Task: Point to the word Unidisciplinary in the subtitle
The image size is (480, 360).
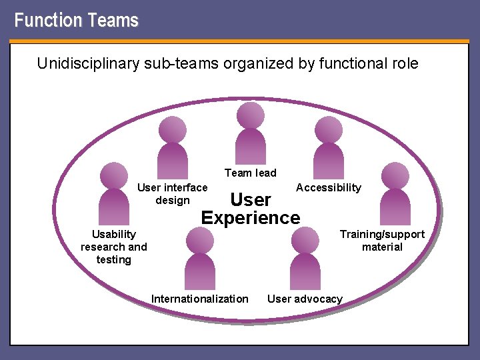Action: click(x=86, y=64)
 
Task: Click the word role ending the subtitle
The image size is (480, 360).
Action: click(x=403, y=64)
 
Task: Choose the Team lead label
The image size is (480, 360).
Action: click(x=250, y=173)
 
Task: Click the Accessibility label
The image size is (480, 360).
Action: click(x=329, y=188)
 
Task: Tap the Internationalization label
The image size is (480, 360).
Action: click(x=200, y=299)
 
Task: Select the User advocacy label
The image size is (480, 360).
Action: click(x=305, y=299)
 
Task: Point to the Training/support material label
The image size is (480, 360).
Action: click(x=382, y=241)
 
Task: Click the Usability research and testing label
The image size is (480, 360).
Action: click(x=114, y=247)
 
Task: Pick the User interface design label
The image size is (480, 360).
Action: click(x=172, y=194)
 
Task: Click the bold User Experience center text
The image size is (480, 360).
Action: click(x=251, y=209)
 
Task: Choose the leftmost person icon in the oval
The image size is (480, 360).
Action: click(x=113, y=193)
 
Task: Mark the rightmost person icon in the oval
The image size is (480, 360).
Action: click(x=395, y=193)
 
